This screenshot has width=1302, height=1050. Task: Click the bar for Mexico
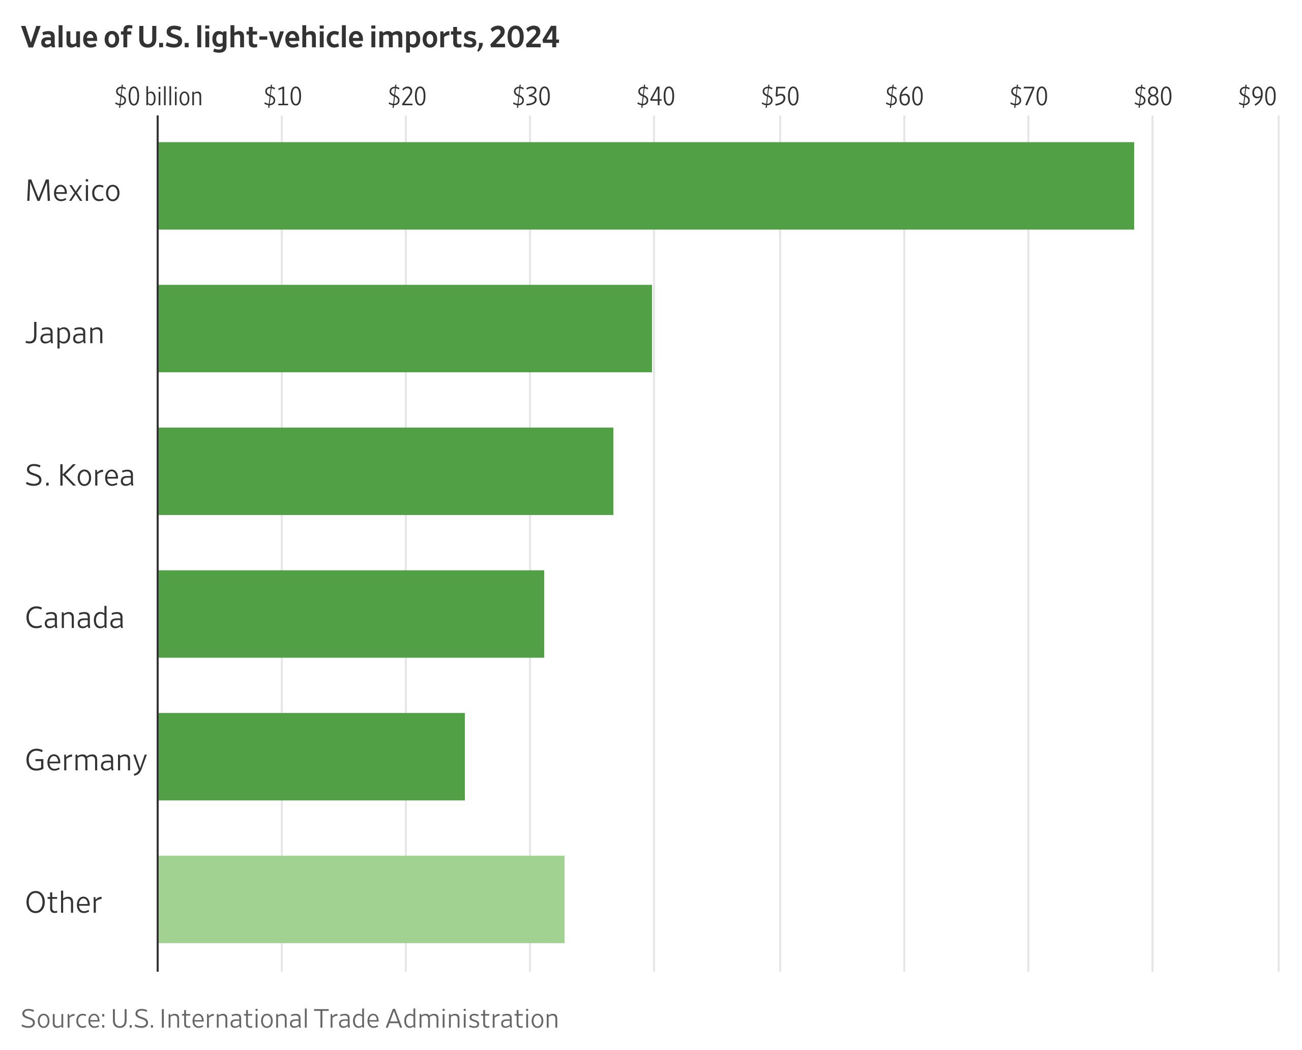click(x=645, y=186)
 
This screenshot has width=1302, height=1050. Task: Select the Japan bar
click(x=404, y=328)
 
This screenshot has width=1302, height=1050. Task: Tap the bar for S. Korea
click(x=385, y=471)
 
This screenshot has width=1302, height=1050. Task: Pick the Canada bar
click(x=350, y=614)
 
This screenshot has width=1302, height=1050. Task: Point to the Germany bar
click(x=311, y=757)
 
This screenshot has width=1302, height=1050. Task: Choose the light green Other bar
click(x=361, y=899)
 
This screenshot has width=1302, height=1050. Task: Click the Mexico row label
click(x=73, y=191)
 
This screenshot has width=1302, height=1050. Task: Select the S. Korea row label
click(x=79, y=476)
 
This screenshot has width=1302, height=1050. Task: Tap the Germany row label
click(x=85, y=761)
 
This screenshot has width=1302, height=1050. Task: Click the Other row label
click(x=63, y=903)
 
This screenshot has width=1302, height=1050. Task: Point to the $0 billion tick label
click(x=158, y=97)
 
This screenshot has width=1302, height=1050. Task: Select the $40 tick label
click(x=655, y=97)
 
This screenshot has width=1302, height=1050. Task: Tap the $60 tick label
click(x=904, y=97)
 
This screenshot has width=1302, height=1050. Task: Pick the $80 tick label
click(x=1152, y=97)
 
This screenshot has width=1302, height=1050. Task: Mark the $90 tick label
click(x=1257, y=97)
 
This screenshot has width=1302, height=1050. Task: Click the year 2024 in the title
click(x=524, y=38)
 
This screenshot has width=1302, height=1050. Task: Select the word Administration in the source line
click(x=472, y=1019)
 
